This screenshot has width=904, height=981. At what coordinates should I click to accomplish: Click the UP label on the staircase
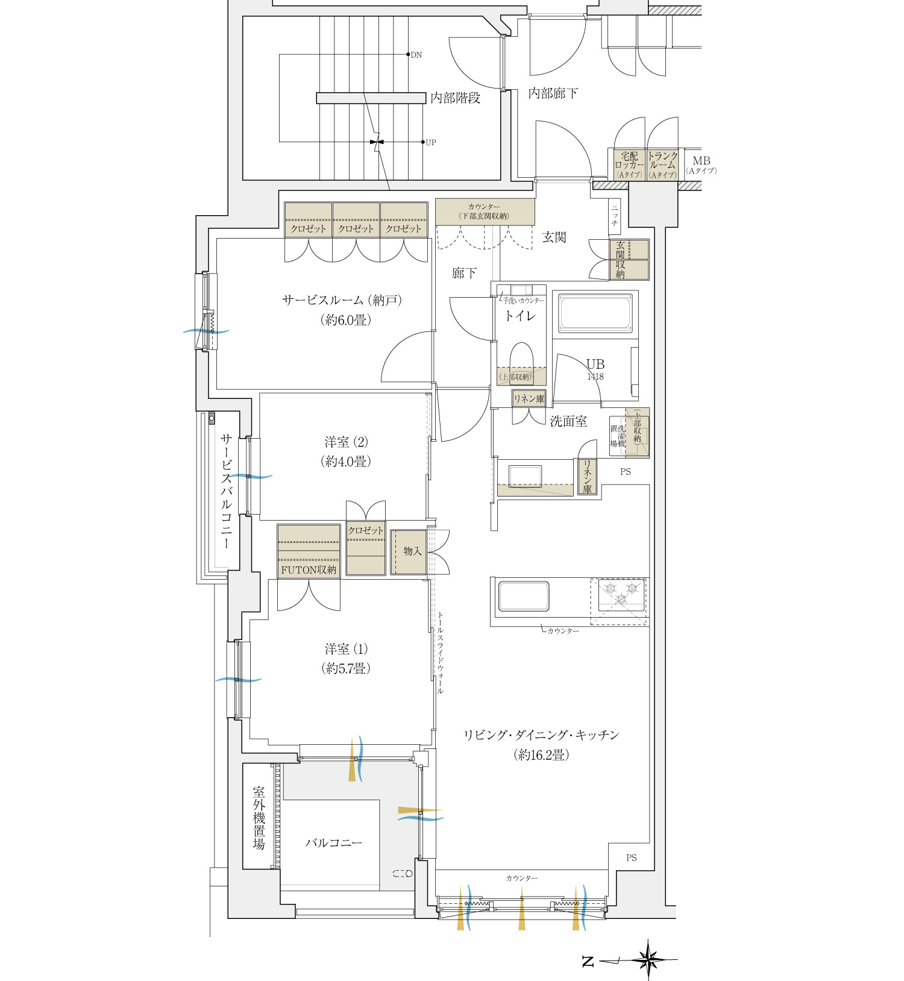point(430,143)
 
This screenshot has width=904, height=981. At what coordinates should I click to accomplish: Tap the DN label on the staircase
point(416,55)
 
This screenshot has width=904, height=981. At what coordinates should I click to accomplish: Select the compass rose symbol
point(648,959)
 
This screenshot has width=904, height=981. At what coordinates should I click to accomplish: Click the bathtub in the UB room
point(595,313)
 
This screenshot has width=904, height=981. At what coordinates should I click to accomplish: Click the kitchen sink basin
point(524,596)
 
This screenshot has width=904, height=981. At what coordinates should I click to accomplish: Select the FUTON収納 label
point(309,569)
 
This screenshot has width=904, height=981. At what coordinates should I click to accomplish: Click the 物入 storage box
point(409,552)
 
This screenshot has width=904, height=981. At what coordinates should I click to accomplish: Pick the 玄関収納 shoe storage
point(629,260)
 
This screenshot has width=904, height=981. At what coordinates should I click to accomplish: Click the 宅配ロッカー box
point(629,165)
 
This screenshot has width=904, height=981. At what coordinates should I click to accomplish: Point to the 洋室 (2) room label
point(347,442)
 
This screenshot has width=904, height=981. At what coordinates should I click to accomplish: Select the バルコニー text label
point(334,843)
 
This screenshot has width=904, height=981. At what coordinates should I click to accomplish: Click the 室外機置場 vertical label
point(259,818)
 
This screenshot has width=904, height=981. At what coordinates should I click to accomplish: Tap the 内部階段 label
point(456,98)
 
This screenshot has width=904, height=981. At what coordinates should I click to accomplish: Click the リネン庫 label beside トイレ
point(529,399)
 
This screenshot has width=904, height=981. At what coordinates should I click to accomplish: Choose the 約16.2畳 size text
point(541,755)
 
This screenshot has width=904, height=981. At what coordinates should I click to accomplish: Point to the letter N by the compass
point(588,962)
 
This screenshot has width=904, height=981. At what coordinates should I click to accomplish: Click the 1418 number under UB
point(595,377)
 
